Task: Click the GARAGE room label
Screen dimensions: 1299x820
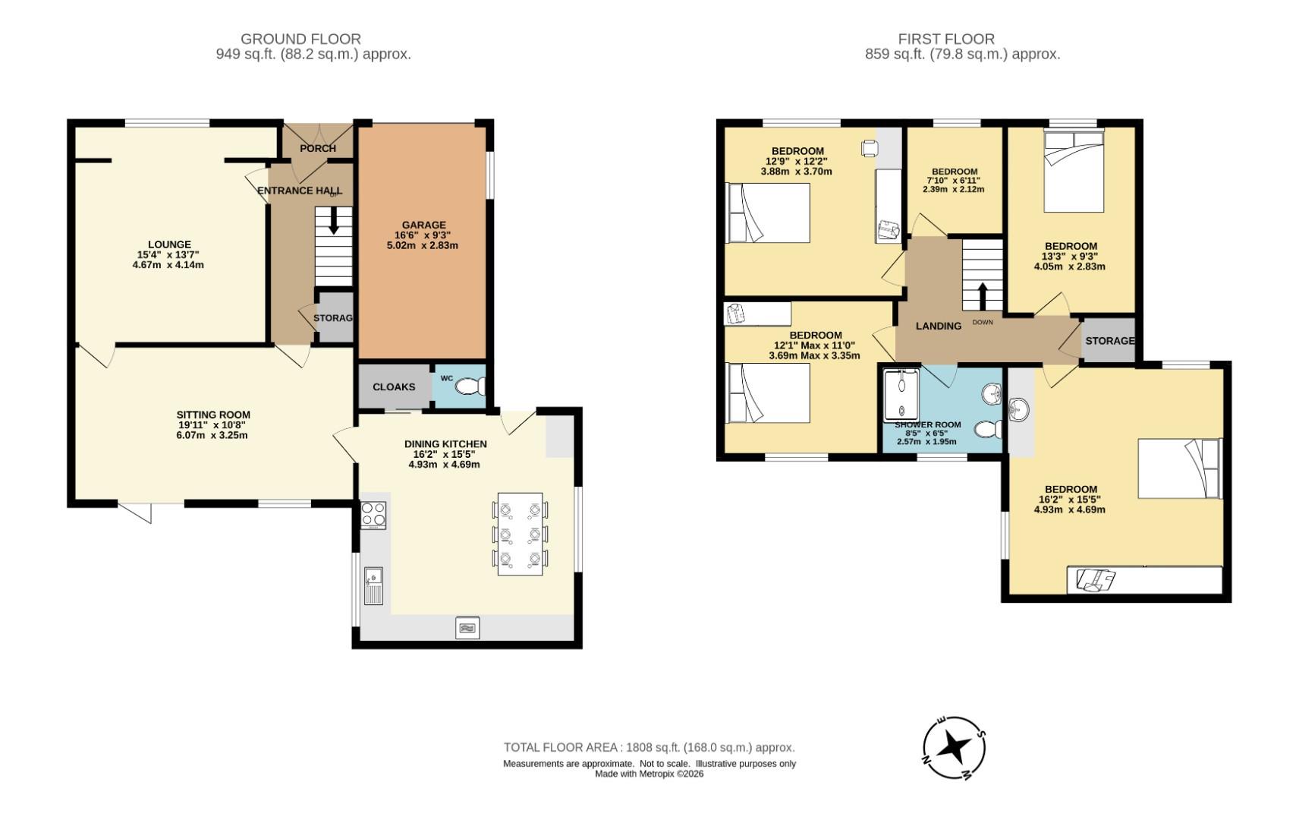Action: coord(424,225)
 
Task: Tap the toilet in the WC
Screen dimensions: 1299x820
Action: coord(470,386)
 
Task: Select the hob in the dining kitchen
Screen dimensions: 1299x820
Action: coord(373,515)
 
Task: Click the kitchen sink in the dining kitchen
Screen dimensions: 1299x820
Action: coord(373,586)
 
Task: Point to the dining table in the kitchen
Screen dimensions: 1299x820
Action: coord(521,534)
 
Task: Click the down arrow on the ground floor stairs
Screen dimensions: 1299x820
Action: coord(333,220)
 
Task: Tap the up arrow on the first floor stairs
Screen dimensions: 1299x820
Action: coord(983,297)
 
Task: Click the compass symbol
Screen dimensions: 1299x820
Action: coord(954,747)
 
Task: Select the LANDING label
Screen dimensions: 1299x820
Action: coord(939,326)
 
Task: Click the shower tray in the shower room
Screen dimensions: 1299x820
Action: coord(901,395)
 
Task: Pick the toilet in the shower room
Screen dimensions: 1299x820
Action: coord(988,430)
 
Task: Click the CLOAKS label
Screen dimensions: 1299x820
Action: coord(394,387)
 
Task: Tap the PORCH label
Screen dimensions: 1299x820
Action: coord(318,149)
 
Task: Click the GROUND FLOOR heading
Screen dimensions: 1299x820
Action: coord(301,39)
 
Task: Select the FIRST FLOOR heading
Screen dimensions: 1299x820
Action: coord(946,39)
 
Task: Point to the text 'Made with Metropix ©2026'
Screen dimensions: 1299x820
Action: coord(649,774)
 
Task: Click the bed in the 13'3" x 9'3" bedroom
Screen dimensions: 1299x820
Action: coord(1074,172)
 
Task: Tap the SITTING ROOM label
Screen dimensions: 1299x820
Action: coord(213,415)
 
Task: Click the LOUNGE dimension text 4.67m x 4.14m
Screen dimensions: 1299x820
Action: coord(168,265)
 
